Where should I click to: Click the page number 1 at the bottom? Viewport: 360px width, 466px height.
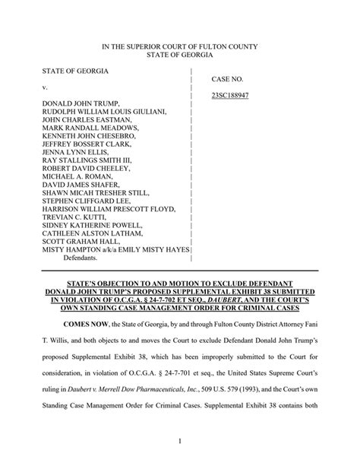pos(180,439)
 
